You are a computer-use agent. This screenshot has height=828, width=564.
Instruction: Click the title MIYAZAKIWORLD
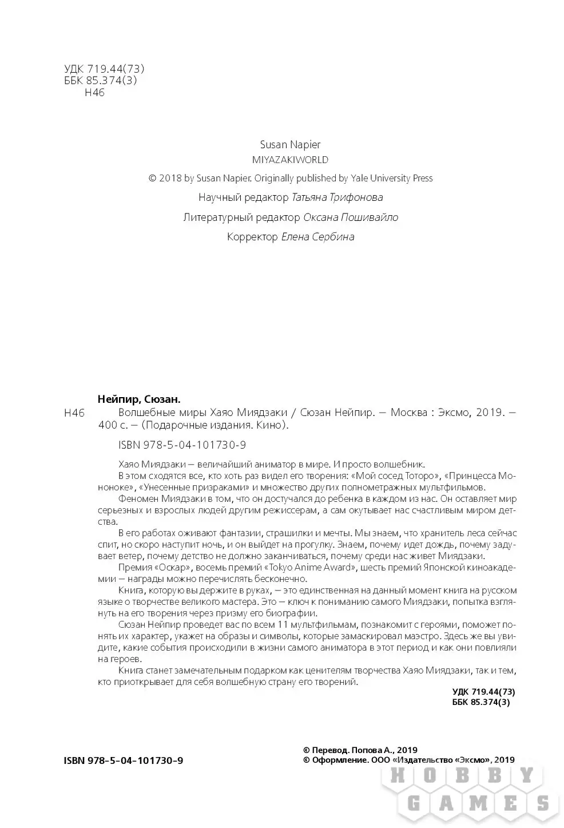click(x=290, y=160)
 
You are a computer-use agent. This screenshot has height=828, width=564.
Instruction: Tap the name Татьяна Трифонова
click(x=337, y=198)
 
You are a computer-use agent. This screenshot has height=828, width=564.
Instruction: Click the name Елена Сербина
click(x=318, y=237)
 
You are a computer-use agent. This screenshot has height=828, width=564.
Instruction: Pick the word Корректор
click(x=252, y=237)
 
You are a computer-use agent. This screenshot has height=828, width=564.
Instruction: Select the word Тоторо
click(x=419, y=476)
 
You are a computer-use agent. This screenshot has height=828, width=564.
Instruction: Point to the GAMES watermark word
click(x=472, y=803)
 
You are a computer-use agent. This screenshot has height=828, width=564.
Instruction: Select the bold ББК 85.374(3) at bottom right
click(x=480, y=702)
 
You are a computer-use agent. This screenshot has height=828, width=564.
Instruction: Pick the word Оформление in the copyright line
click(x=339, y=760)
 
